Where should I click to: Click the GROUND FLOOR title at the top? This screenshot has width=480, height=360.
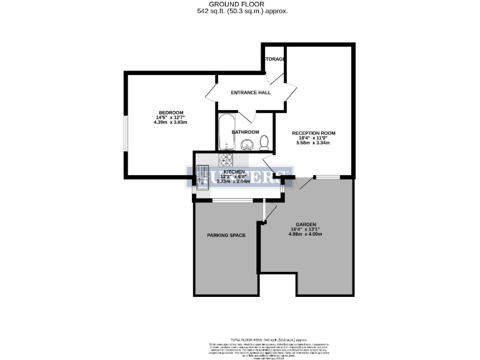(239, 4)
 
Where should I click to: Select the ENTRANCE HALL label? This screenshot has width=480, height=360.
(251, 92)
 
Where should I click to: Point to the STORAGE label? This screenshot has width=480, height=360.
(275, 59)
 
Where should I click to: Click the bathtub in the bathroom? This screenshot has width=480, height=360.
(226, 131)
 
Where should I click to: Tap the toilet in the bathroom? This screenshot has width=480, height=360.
(264, 142)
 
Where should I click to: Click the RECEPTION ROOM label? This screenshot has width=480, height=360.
(314, 133)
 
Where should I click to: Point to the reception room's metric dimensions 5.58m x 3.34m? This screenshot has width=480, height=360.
(314, 143)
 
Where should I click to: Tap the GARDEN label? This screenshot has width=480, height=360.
(306, 224)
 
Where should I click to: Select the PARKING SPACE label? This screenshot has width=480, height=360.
(226, 235)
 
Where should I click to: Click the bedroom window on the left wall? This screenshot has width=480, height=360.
(126, 132)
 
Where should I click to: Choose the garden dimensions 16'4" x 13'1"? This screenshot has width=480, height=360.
(306, 229)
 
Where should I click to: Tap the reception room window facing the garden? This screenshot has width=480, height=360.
(327, 177)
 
